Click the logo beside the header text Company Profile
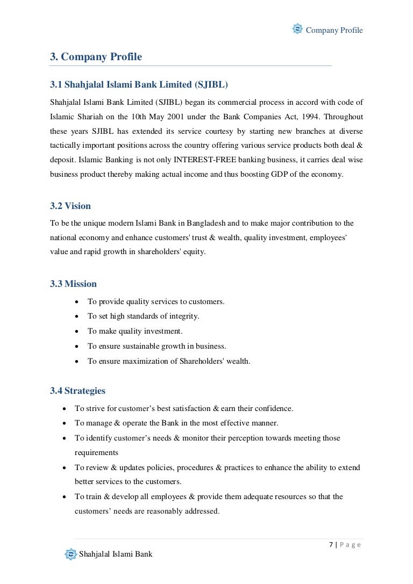tap(297, 29)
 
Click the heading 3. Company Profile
tap(96, 56)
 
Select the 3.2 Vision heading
tap(70, 206)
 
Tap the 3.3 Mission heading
tap(74, 283)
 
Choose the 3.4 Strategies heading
tap(78, 391)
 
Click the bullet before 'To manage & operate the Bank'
tap(65, 423)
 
